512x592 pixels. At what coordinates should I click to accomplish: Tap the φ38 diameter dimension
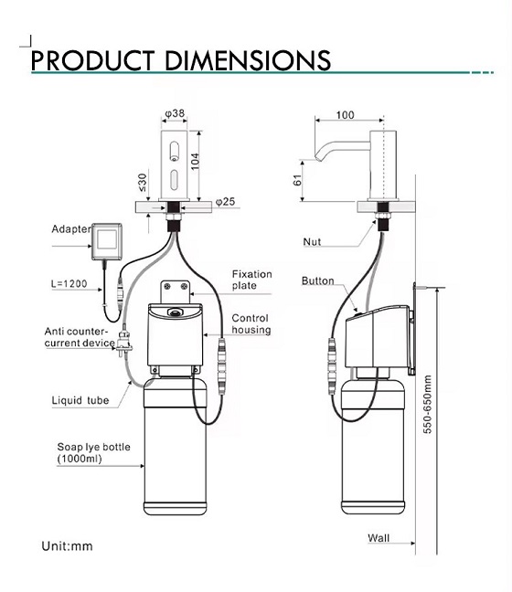coord(176,114)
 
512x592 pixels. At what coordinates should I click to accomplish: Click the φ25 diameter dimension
coord(225,200)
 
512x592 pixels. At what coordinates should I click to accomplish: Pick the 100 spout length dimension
coord(345,115)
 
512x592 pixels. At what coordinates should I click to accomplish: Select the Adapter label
coord(72,229)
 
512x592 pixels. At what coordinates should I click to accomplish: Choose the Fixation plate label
coord(251,280)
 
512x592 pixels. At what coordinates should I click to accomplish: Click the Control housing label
coord(251,323)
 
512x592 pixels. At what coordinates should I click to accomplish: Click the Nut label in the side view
coord(312,242)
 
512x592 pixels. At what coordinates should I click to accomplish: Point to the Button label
coord(317,281)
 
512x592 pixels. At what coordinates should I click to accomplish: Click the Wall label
coord(378,538)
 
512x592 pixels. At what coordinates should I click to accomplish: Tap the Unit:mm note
coord(67,546)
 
